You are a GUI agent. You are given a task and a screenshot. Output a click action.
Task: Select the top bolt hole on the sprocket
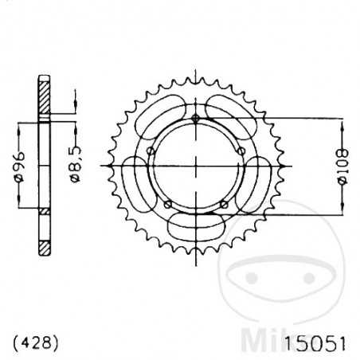click(195, 119)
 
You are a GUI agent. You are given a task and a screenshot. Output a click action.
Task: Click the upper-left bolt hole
click(149, 151)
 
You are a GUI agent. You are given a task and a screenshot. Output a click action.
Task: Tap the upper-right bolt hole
click(241, 151)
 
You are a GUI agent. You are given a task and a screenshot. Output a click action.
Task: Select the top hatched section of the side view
click(45, 100)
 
